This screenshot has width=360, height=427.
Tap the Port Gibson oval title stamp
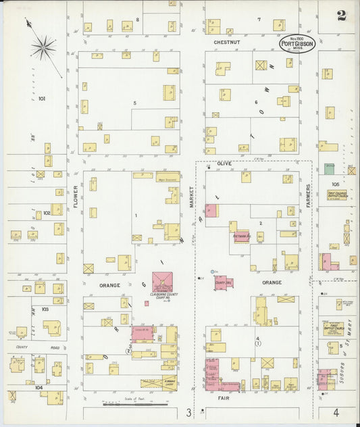point(297,45)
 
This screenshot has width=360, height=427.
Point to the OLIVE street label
point(224,164)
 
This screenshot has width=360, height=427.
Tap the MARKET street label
point(192,197)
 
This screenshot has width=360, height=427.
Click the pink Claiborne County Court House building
point(162,281)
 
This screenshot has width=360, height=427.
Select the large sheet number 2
point(342,16)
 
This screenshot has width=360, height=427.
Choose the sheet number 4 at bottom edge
point(335,411)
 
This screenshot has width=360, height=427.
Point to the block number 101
point(42,99)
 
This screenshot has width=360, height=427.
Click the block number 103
point(45,309)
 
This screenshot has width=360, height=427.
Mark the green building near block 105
point(329,168)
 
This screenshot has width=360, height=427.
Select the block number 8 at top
point(137,19)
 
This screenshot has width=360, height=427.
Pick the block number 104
point(38,388)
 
